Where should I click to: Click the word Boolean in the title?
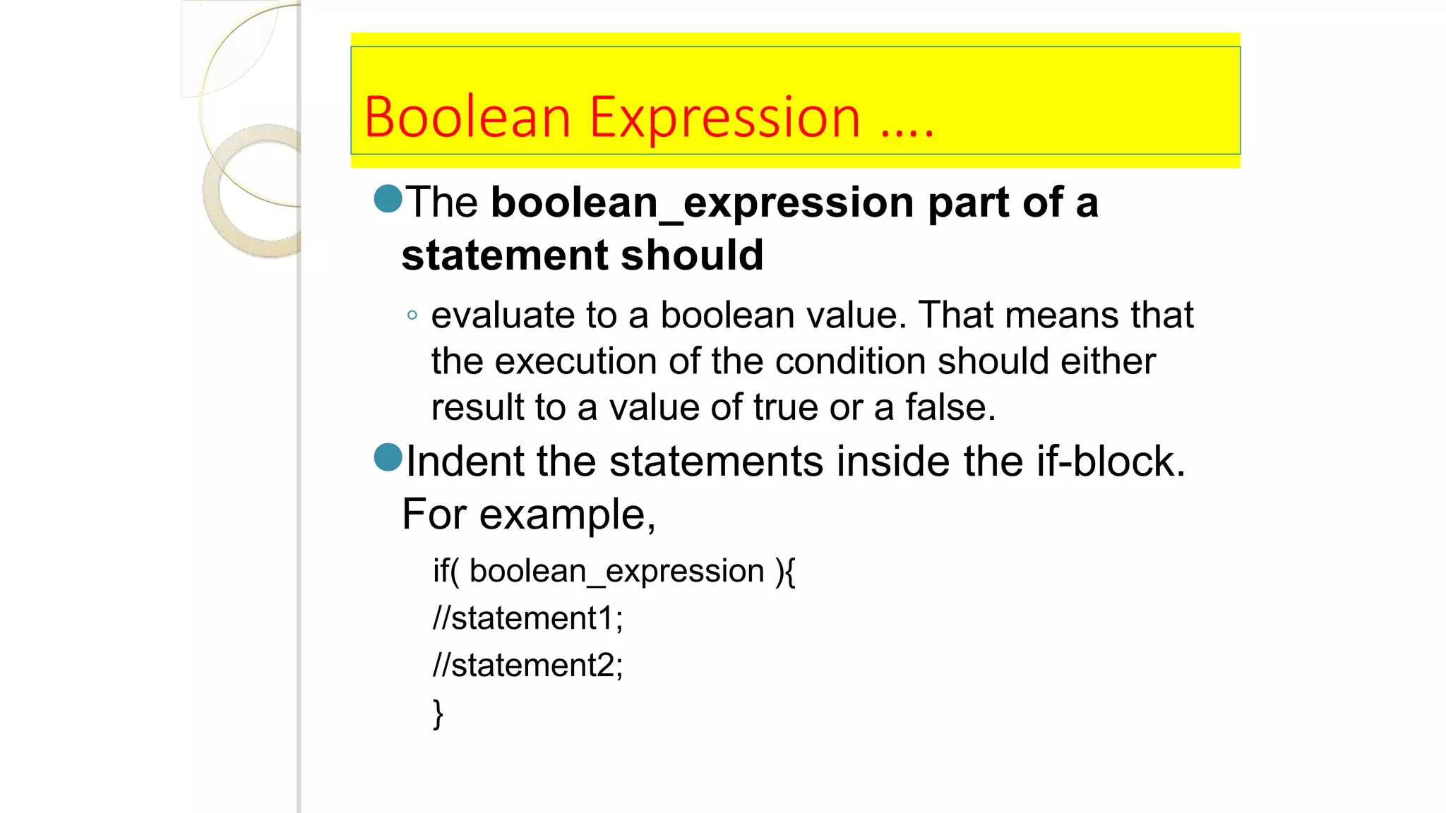pyautogui.click(x=467, y=117)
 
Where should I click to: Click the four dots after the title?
pyautogui.click(x=908, y=133)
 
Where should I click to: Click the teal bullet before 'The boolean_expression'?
pyautogui.click(x=388, y=199)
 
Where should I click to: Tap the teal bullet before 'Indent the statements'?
pyautogui.click(x=388, y=457)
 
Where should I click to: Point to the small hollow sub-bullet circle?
pyautogui.click(x=412, y=315)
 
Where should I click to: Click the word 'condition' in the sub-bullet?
pyautogui.click(x=850, y=361)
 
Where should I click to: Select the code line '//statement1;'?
pyautogui.click(x=527, y=618)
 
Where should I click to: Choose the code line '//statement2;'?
pyautogui.click(x=527, y=666)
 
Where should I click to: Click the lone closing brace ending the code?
pyautogui.click(x=438, y=713)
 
